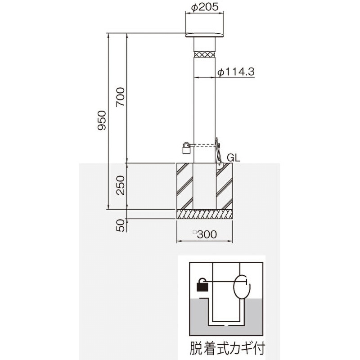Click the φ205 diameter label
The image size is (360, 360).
[204, 7]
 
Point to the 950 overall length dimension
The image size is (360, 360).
[102, 120]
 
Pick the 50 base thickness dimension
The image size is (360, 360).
[120, 224]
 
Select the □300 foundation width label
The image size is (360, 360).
[204, 234]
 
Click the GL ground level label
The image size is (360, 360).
[234, 158]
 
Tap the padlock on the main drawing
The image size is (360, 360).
[186, 148]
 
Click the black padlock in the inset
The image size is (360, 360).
[202, 285]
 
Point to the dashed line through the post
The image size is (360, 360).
[204, 145]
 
